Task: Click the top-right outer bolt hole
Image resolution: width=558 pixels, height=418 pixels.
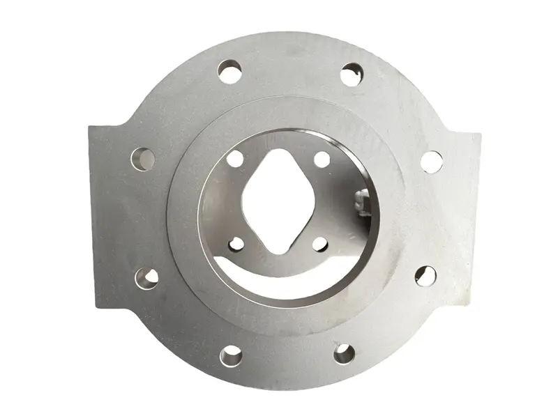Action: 350,75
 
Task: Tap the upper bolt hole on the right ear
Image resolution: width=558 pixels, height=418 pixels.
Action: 430,161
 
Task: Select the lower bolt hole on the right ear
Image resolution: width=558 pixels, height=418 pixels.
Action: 425,276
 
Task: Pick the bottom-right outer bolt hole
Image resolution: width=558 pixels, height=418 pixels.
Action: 344,353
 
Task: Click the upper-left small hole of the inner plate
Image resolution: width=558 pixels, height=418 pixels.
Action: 236,160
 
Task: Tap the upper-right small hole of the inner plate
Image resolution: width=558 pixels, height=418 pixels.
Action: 322,160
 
